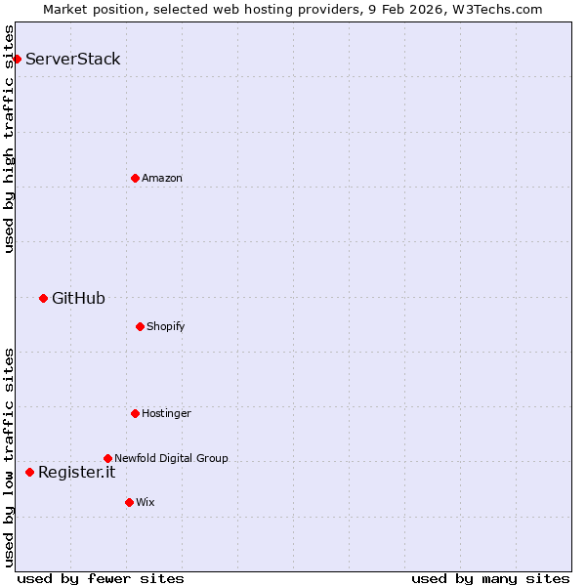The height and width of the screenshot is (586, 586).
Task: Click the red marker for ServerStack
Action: tap(17, 59)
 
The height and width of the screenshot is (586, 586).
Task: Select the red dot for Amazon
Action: tap(135, 178)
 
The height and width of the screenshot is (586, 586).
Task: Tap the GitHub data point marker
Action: tap(43, 298)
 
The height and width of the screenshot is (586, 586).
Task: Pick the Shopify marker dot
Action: tap(140, 326)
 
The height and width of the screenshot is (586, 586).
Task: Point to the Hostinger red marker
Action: tap(135, 413)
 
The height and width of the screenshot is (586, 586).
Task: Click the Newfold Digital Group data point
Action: tap(107, 458)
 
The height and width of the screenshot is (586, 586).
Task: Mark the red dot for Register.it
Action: tap(29, 472)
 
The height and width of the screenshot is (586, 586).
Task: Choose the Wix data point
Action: tap(129, 502)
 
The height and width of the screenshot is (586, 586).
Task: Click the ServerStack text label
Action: tap(73, 59)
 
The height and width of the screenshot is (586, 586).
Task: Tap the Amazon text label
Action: tap(162, 178)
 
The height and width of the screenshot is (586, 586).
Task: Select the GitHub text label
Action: tap(78, 298)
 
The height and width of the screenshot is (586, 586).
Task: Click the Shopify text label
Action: tap(166, 326)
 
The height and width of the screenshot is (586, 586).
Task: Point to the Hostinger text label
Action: tap(166, 413)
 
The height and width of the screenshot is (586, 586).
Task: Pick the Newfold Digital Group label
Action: tap(171, 458)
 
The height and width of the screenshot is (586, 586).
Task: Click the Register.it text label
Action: tap(76, 472)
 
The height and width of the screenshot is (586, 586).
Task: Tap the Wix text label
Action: tap(145, 502)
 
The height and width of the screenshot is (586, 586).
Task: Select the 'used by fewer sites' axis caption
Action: tap(101, 578)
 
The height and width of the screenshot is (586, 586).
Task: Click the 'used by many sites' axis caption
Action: tap(490, 578)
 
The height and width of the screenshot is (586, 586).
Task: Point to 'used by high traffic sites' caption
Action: tap(9, 139)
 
